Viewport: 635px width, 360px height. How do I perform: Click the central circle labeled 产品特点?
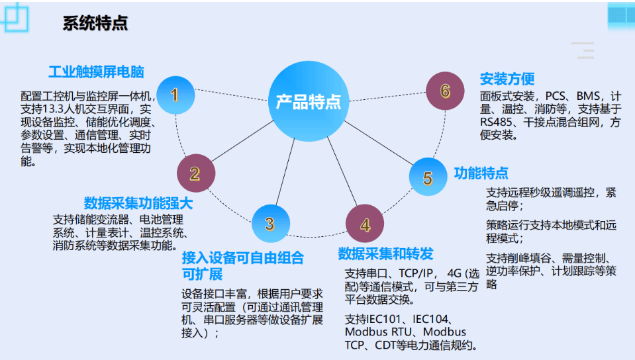tap(309, 101)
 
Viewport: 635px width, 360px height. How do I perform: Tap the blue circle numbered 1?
tap(175, 95)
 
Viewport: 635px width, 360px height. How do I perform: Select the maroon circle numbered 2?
tap(196, 173)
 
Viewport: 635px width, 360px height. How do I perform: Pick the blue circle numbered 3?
tap(271, 224)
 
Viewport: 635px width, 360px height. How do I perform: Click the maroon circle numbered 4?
tap(365, 224)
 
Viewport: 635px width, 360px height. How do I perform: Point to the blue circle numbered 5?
tap(428, 177)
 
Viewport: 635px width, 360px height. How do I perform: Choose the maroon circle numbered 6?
tap(445, 91)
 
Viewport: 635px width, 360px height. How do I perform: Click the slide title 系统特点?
tap(95, 23)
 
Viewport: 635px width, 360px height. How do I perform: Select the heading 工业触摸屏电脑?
tap(97, 72)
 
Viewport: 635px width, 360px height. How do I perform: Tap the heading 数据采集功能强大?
tap(138, 203)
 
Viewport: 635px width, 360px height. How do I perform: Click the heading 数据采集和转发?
tap(385, 254)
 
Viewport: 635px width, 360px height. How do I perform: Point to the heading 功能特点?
tap(481, 173)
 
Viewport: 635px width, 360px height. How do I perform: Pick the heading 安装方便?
tap(507, 79)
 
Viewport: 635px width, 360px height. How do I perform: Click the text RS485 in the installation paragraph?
tap(497, 122)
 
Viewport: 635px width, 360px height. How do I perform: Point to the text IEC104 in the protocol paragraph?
tap(430, 320)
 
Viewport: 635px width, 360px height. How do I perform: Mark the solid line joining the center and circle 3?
tap(285, 171)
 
